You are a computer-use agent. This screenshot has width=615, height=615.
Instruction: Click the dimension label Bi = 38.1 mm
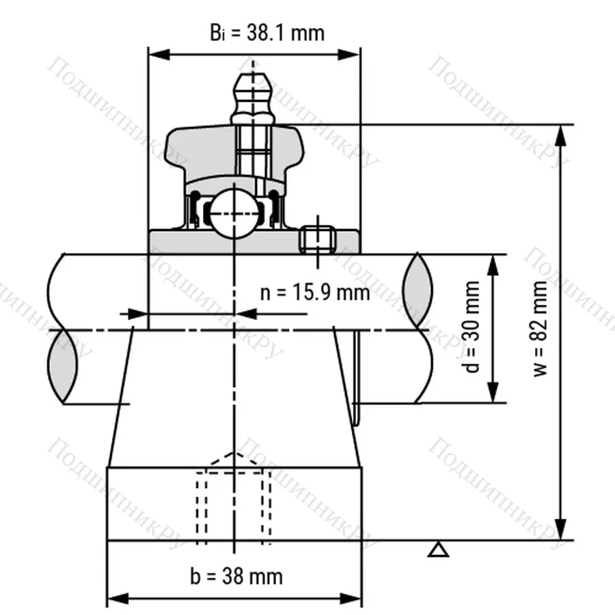266,32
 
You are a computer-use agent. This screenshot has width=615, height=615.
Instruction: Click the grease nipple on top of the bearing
251,96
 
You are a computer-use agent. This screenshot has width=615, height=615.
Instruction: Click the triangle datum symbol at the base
439,549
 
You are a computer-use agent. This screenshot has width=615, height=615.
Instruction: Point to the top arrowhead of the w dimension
562,135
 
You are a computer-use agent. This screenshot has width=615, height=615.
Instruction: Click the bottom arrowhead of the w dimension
562,530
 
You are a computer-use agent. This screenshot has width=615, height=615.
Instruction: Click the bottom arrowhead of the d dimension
492,394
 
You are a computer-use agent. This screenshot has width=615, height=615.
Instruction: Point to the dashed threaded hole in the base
234,502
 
